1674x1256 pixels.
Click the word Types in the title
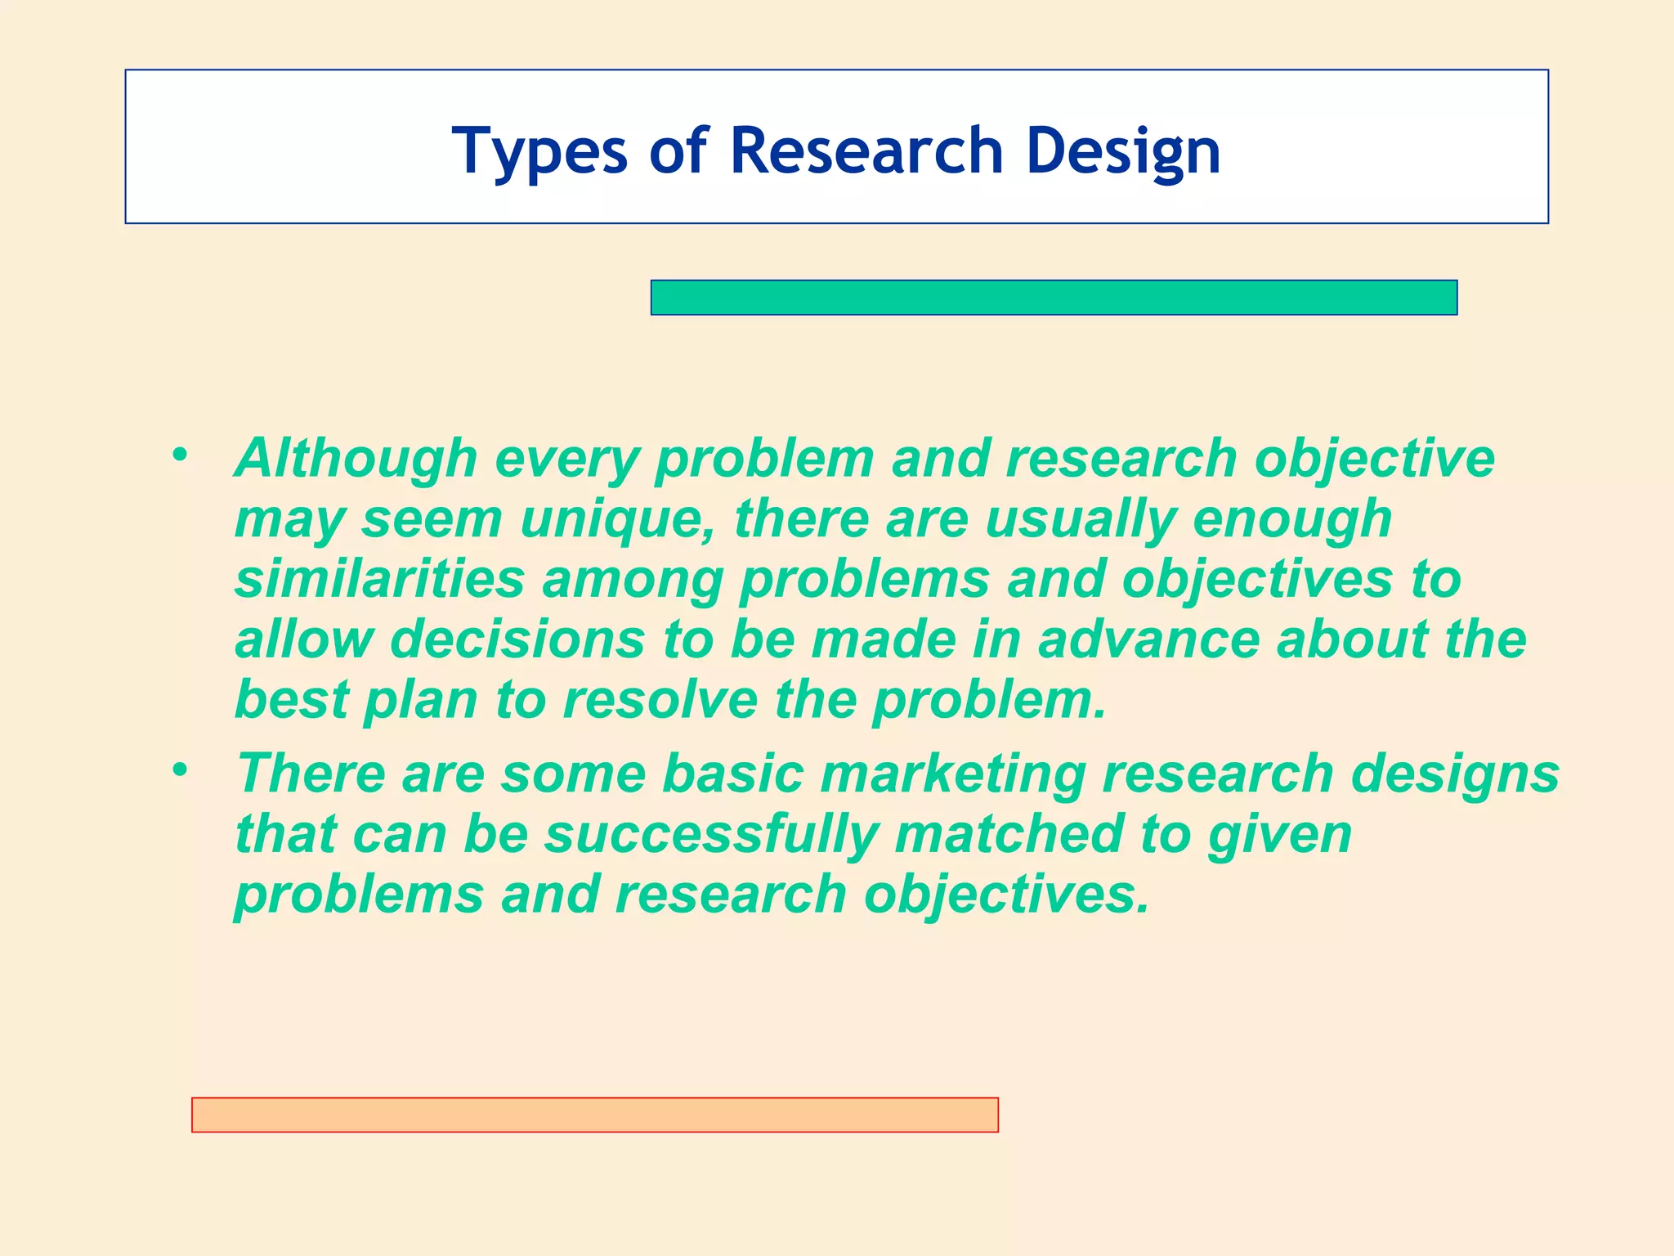[x=539, y=152]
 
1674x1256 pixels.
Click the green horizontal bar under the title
[x=1054, y=298]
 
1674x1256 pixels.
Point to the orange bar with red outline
[x=594, y=1115]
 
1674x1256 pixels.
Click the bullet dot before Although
[x=180, y=454]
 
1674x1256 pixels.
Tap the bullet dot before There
[x=180, y=769]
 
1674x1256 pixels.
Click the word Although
[x=356, y=458]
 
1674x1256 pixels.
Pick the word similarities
[x=379, y=579]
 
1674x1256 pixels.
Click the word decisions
[x=517, y=639]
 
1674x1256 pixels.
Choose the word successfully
[x=711, y=835]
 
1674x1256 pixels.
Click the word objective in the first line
[x=1374, y=458]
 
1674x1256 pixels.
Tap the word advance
[x=1148, y=639]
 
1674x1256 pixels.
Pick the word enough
[x=1291, y=520]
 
